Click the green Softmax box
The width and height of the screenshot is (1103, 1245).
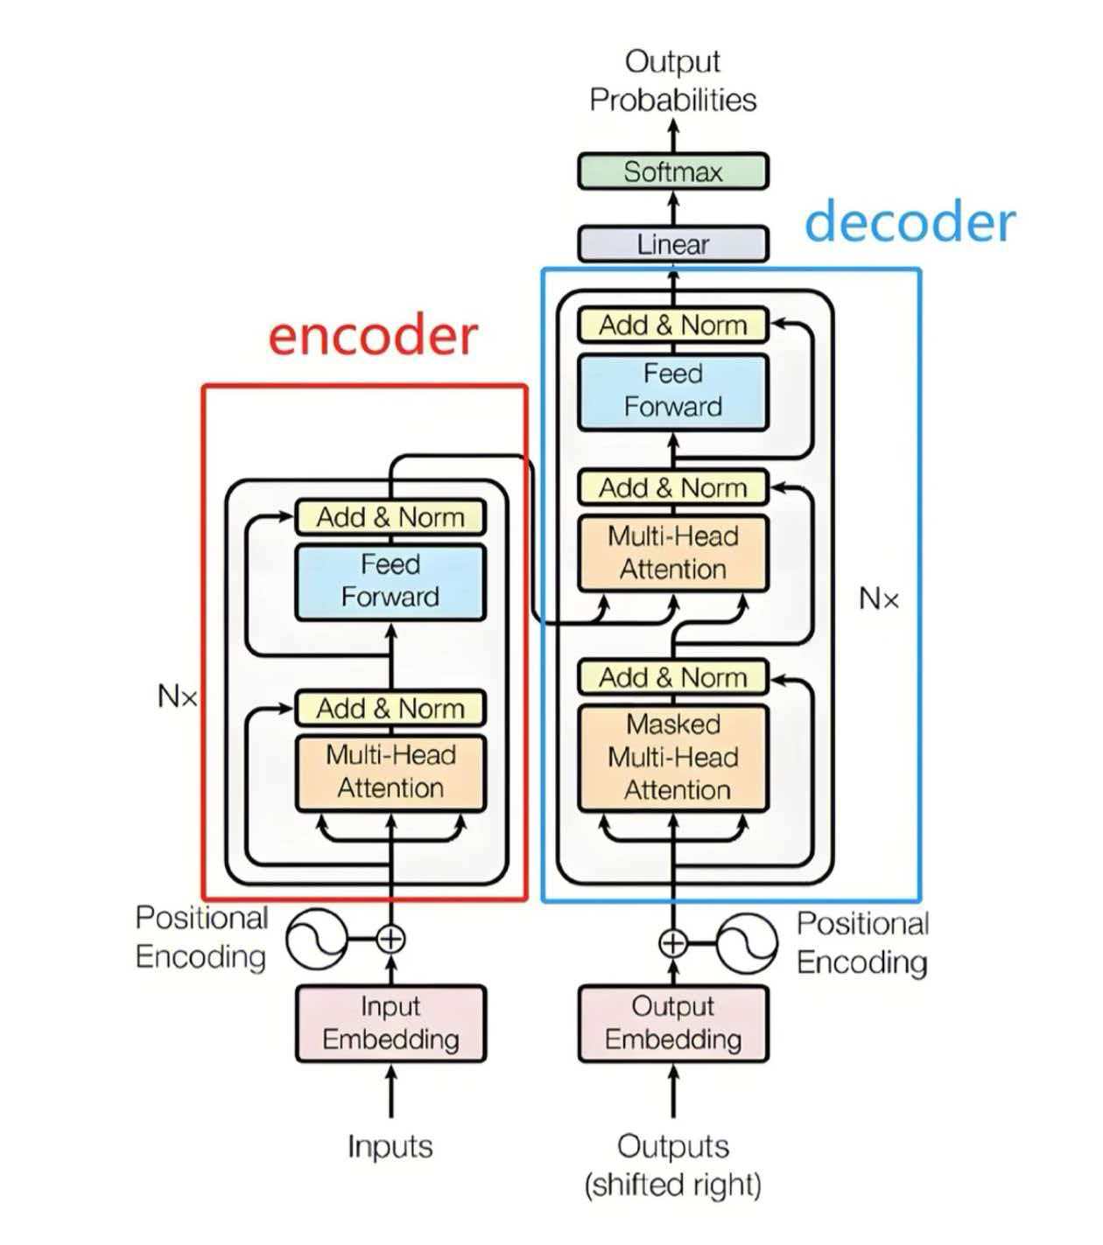coord(672,171)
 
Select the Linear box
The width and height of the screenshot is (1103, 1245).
coord(672,244)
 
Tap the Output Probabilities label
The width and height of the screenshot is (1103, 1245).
coord(672,80)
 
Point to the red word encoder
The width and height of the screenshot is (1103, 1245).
coord(373,336)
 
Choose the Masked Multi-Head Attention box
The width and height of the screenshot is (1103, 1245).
coord(672,758)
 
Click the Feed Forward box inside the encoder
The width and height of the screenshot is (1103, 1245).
coord(390,581)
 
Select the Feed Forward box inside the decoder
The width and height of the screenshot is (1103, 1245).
coord(672,391)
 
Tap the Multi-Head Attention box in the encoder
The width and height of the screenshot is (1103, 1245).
coord(390,773)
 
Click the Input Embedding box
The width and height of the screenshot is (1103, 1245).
coord(390,1024)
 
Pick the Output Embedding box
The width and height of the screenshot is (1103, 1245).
coord(672,1024)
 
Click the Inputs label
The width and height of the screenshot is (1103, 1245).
coord(390,1146)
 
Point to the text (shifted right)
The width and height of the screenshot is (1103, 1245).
coord(672,1185)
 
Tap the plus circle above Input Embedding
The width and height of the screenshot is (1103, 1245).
coord(390,940)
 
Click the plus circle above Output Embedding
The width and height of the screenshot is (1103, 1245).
coord(672,943)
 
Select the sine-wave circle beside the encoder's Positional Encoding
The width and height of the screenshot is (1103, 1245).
coord(317,940)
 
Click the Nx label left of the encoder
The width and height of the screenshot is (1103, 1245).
coord(178,696)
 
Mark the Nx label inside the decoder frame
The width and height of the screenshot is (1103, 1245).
coord(879,599)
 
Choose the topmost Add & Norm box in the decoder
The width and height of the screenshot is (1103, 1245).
coord(672,325)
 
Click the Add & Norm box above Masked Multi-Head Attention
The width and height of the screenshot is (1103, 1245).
coord(672,678)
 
